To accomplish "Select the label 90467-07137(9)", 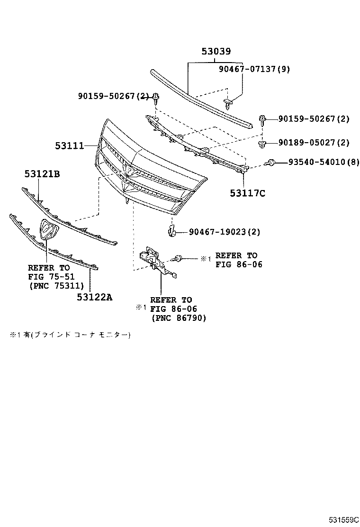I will (x=254, y=69).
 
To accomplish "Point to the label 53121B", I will (x=42, y=174).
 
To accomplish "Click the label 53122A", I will (x=95, y=297).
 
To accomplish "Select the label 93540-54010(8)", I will (x=324, y=163).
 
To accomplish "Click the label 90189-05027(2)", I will (x=314, y=143).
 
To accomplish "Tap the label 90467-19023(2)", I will (x=224, y=232).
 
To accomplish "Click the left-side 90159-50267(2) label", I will (x=113, y=97).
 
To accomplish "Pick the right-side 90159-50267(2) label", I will (x=314, y=119).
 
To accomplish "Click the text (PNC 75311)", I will (x=56, y=285).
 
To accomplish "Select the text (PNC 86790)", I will (x=179, y=318).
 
